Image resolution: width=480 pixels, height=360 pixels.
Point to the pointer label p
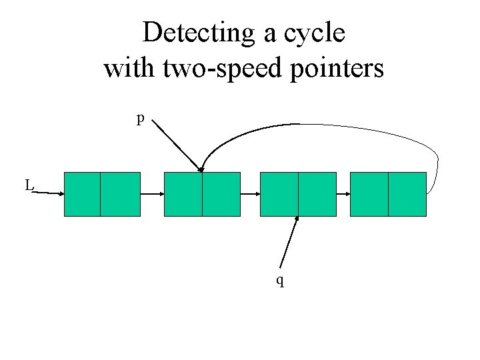140,119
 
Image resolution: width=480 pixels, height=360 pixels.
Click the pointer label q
281,281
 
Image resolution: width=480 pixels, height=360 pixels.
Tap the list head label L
29,185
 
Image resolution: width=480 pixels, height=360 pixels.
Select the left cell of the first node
82,194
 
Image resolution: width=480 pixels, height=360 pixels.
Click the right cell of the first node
121,194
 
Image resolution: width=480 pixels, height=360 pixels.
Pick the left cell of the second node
183,194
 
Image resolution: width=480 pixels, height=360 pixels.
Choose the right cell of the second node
221,194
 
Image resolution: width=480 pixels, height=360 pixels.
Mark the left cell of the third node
279,194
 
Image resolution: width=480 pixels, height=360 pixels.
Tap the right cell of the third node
317,194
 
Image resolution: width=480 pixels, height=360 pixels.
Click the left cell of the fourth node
369,194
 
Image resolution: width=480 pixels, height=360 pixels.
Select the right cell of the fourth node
407,194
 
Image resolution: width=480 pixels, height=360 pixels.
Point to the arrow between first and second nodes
152,194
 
